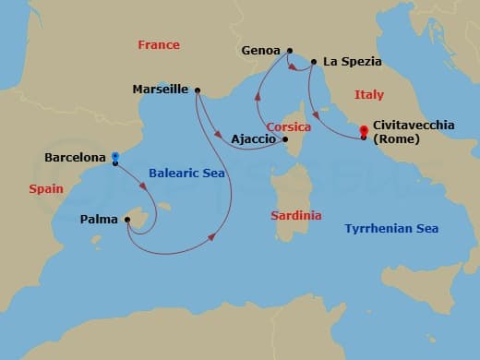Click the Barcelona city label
[x=76, y=158]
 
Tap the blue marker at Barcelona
[x=115, y=157]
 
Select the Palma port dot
[x=127, y=220]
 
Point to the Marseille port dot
[x=198, y=90]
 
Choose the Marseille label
[x=161, y=90]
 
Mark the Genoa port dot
[x=290, y=51]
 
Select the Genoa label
[x=262, y=51]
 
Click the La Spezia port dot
[x=315, y=63]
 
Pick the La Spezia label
[x=353, y=63]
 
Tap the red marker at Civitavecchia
[x=364, y=131]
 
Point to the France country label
[x=158, y=44]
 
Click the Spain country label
[x=45, y=188]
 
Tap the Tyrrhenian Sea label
[x=391, y=228]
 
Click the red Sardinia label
[x=296, y=215]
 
